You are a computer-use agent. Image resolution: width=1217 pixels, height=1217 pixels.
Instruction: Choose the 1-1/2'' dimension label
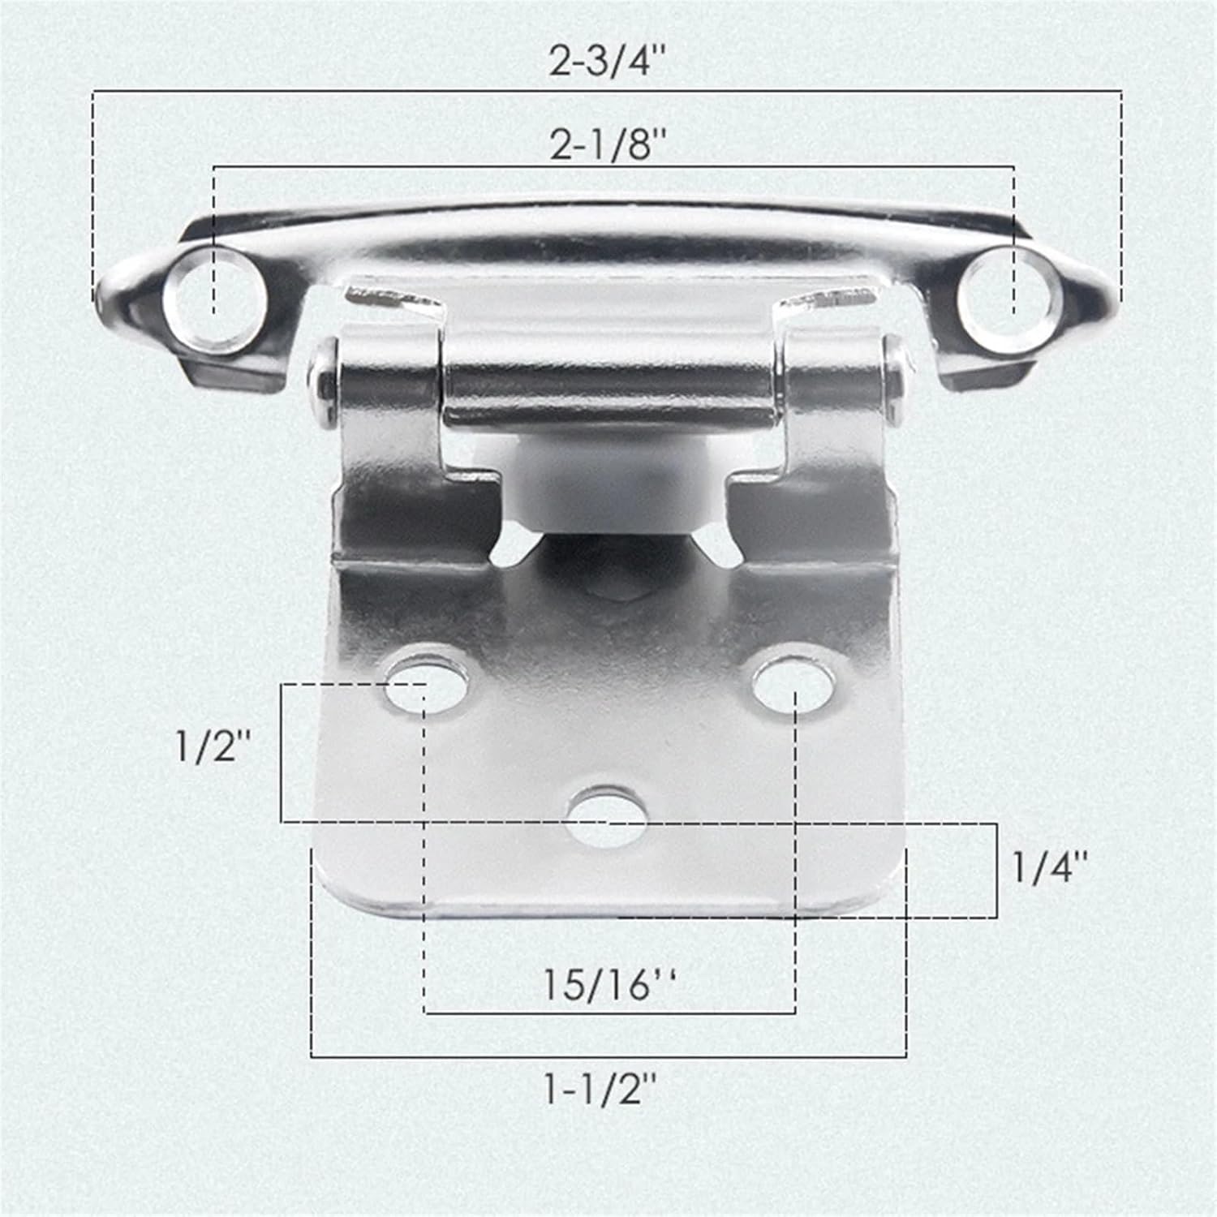click(x=600, y=1091)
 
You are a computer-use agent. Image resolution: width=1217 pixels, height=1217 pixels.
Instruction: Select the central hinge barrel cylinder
click(x=608, y=389)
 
